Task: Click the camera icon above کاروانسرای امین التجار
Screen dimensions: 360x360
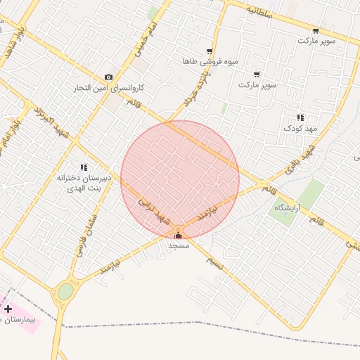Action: [x=108, y=77]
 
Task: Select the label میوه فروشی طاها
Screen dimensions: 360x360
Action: [x=210, y=62]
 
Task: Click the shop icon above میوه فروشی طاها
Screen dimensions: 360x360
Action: [x=210, y=51]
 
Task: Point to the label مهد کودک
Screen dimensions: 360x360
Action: [x=297, y=128]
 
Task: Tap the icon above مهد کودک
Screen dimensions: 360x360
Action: [x=300, y=117]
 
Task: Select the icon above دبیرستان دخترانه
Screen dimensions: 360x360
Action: [x=84, y=167]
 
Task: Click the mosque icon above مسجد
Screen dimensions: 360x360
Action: [x=178, y=235]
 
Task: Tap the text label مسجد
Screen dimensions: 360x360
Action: [x=178, y=246]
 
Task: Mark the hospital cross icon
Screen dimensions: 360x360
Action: [x=8, y=309]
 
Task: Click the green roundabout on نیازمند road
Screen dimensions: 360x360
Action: [x=65, y=291]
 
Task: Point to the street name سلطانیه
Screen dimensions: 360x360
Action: [x=259, y=11]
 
